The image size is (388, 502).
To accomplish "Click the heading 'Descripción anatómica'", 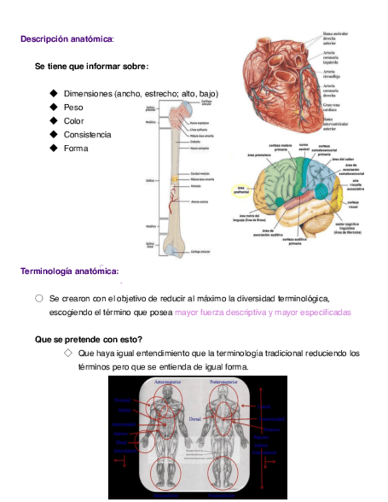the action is (67, 39).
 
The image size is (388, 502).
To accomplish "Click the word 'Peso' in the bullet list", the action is (73, 108).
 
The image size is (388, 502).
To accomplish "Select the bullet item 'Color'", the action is (74, 121).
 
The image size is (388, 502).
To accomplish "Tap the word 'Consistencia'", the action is (88, 135).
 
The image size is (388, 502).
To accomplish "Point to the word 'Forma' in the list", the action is (76, 149).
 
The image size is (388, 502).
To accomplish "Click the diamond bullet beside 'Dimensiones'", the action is (53, 94).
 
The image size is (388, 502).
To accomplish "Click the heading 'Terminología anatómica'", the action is (69, 271).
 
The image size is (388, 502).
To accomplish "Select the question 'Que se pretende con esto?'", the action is (89, 339).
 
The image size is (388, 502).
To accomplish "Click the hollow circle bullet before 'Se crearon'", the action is (39, 298).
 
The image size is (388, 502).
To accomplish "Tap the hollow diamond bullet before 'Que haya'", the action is (67, 353).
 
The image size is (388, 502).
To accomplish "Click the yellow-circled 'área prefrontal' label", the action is (239, 190).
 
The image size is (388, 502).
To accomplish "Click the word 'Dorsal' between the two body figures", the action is (195, 419).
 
